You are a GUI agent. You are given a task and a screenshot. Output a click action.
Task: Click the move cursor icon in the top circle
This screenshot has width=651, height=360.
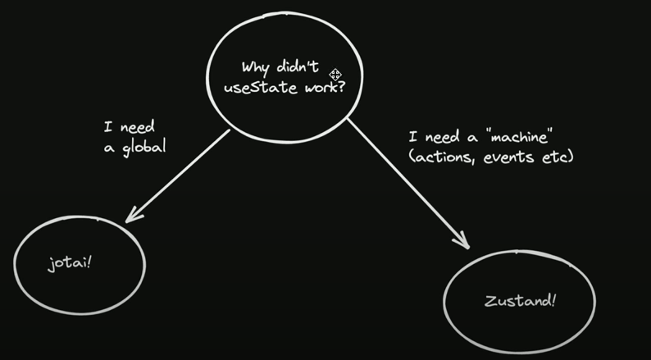click(x=335, y=75)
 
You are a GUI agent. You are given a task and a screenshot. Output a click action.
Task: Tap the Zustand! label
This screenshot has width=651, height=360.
click(x=518, y=300)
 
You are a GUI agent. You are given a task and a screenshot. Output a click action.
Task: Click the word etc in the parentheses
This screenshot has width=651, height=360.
click(x=556, y=156)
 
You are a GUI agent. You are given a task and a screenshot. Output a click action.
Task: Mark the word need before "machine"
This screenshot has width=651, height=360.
click(x=440, y=138)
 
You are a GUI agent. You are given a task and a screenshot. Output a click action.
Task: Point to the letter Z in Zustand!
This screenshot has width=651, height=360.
click(x=488, y=300)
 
